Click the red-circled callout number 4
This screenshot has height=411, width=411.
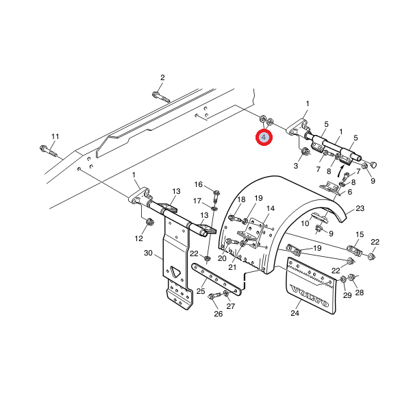pos(264,137)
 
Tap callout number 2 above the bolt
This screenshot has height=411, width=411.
pos(162,77)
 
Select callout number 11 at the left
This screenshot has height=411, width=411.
pos(55,136)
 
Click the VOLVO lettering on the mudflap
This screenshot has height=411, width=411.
pos(310,296)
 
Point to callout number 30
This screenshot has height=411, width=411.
pos(148,253)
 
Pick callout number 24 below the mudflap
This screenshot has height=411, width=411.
pos(295,313)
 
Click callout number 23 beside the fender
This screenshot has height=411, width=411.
pos(360,208)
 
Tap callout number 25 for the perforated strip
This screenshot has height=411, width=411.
pos(201,291)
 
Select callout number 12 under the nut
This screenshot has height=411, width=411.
pos(138,238)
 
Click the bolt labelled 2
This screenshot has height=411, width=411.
pos(161,97)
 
